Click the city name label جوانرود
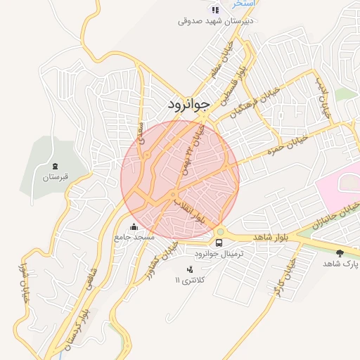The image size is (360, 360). pyautogui.click(x=188, y=105)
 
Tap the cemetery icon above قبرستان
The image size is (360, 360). pyautogui.click(x=54, y=166)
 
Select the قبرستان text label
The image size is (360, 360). pyautogui.click(x=54, y=178)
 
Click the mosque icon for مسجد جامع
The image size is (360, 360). pyautogui.click(x=134, y=227)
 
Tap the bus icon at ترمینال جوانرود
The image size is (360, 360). pyautogui.click(x=219, y=243)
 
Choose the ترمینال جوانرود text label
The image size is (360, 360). pyautogui.click(x=220, y=255)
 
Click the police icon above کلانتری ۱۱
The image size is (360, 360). pyautogui.click(x=189, y=269)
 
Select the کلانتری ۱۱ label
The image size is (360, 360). pyautogui.click(x=188, y=281)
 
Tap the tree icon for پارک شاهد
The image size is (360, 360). pyautogui.click(x=340, y=252)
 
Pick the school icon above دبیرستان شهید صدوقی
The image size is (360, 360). pyautogui.click(x=215, y=10)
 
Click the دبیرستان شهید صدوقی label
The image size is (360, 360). pyautogui.click(x=215, y=21)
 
